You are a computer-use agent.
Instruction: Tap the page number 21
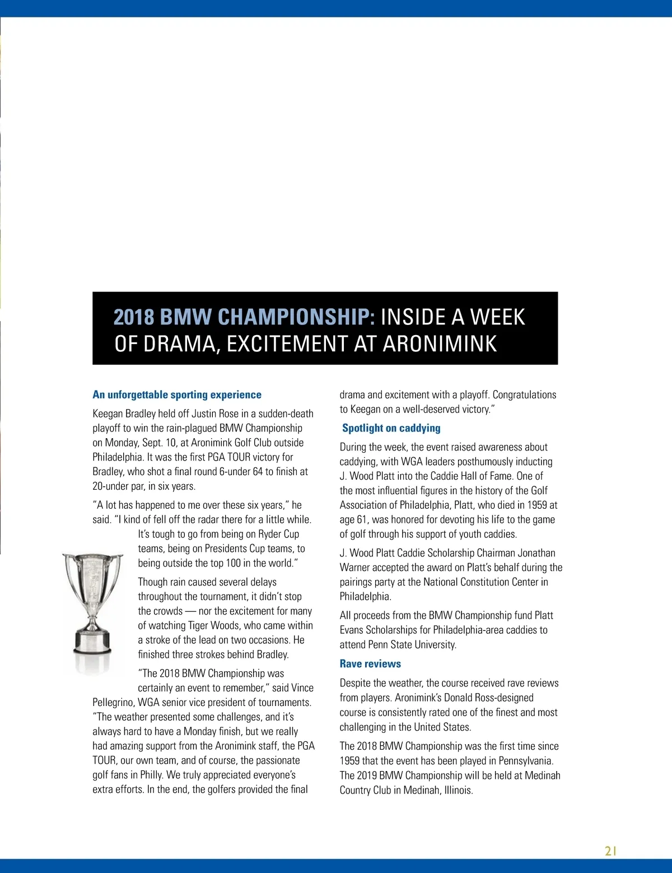(610, 851)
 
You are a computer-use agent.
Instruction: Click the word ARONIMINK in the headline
(440, 343)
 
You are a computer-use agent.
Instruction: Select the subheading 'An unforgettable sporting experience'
(177, 394)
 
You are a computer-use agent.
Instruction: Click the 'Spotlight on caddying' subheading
(391, 428)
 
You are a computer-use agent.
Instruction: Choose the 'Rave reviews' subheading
(370, 664)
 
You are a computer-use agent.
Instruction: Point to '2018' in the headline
(134, 317)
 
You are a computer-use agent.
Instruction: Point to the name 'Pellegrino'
(113, 703)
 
